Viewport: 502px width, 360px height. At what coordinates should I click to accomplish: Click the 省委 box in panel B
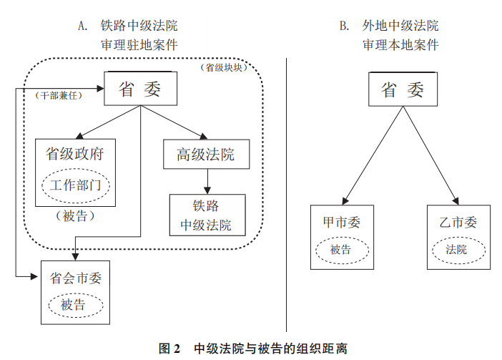click(x=402, y=89)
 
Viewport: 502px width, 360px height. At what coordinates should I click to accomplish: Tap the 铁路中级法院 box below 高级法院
click(x=206, y=215)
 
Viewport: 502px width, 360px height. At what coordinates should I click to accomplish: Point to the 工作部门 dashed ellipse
click(x=75, y=185)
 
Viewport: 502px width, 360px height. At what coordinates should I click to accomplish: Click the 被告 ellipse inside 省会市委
click(x=75, y=305)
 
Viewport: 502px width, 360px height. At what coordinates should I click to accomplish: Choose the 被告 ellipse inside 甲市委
click(x=341, y=250)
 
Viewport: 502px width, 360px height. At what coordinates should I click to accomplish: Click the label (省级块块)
click(x=223, y=68)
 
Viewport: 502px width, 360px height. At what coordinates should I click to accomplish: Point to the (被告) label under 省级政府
click(x=75, y=215)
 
